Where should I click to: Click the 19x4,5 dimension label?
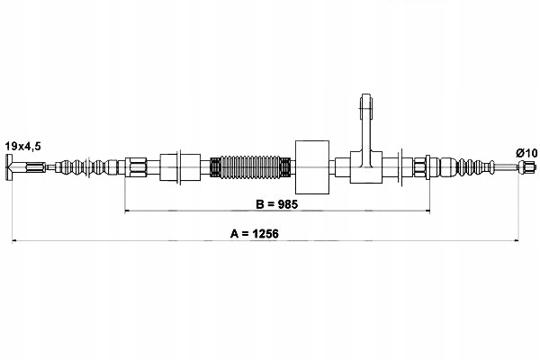click(23, 147)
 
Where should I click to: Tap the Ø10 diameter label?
click(526, 153)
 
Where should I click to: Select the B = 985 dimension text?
click(277, 204)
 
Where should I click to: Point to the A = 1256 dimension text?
click(255, 234)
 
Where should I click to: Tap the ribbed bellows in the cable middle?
click(250, 167)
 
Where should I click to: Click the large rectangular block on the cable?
click(312, 167)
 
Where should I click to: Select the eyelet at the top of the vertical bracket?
click(366, 102)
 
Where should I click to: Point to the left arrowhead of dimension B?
click(127, 210)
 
